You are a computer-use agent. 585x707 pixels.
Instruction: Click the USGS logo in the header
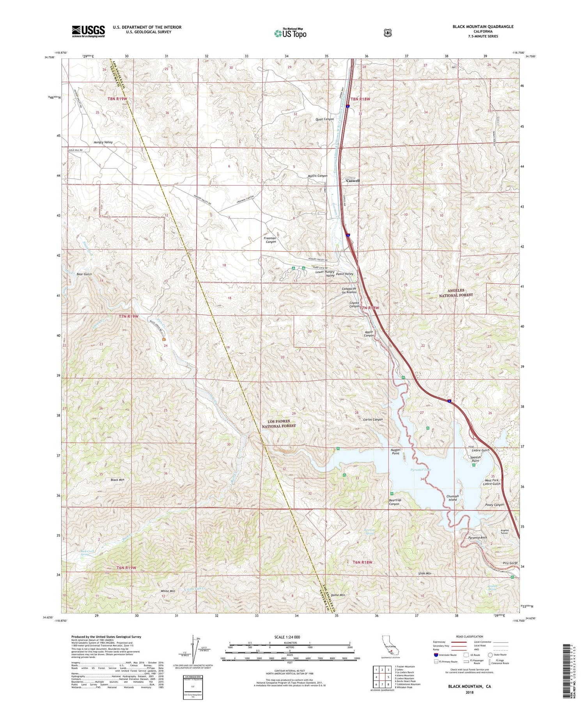[x=88, y=31]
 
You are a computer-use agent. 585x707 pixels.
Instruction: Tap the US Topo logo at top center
[x=290, y=33]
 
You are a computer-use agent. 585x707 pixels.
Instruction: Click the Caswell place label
[x=353, y=181]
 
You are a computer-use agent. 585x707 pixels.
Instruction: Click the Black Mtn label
[x=117, y=480]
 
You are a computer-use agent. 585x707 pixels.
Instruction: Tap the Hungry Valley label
[x=103, y=142]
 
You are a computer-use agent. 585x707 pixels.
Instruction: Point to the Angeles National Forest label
[x=456, y=292]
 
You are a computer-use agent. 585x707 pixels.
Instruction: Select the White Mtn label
[x=168, y=591]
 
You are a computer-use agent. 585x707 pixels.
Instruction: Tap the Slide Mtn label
[x=424, y=574]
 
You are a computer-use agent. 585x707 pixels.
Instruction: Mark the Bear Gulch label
[x=84, y=274]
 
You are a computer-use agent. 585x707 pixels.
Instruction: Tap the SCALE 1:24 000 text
[x=287, y=637]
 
